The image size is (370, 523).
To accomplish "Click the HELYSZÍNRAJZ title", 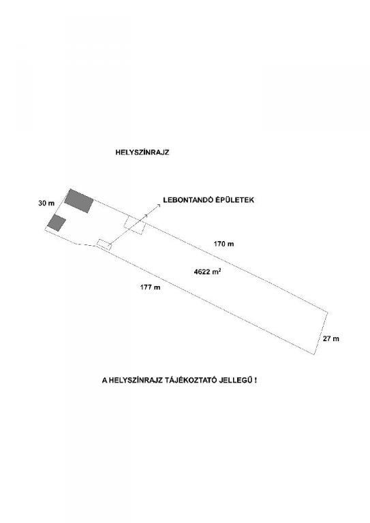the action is point(142,153).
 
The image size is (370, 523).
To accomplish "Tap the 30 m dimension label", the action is point(46,203).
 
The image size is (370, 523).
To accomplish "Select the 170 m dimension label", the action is point(223,244).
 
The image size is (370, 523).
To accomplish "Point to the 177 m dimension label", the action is point(150,287).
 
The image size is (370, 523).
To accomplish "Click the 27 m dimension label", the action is point(331,339).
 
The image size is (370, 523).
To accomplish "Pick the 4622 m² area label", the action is point(207,272).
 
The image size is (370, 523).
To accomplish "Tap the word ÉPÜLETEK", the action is point(233,200).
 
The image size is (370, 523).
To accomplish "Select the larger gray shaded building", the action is point(79,201).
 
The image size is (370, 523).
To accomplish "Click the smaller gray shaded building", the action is point(57,223).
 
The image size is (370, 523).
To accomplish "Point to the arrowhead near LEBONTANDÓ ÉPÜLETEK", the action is point(159,206).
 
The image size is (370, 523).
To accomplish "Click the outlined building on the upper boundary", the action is point(135,225).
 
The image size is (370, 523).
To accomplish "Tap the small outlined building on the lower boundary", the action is point(104,244).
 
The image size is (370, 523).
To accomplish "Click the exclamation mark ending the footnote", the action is point(256,380).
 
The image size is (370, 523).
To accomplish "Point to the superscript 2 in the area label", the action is point(219,269).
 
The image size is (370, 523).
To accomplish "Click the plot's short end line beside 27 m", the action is point(321,333).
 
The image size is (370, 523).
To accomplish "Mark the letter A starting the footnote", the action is point(104,380).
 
